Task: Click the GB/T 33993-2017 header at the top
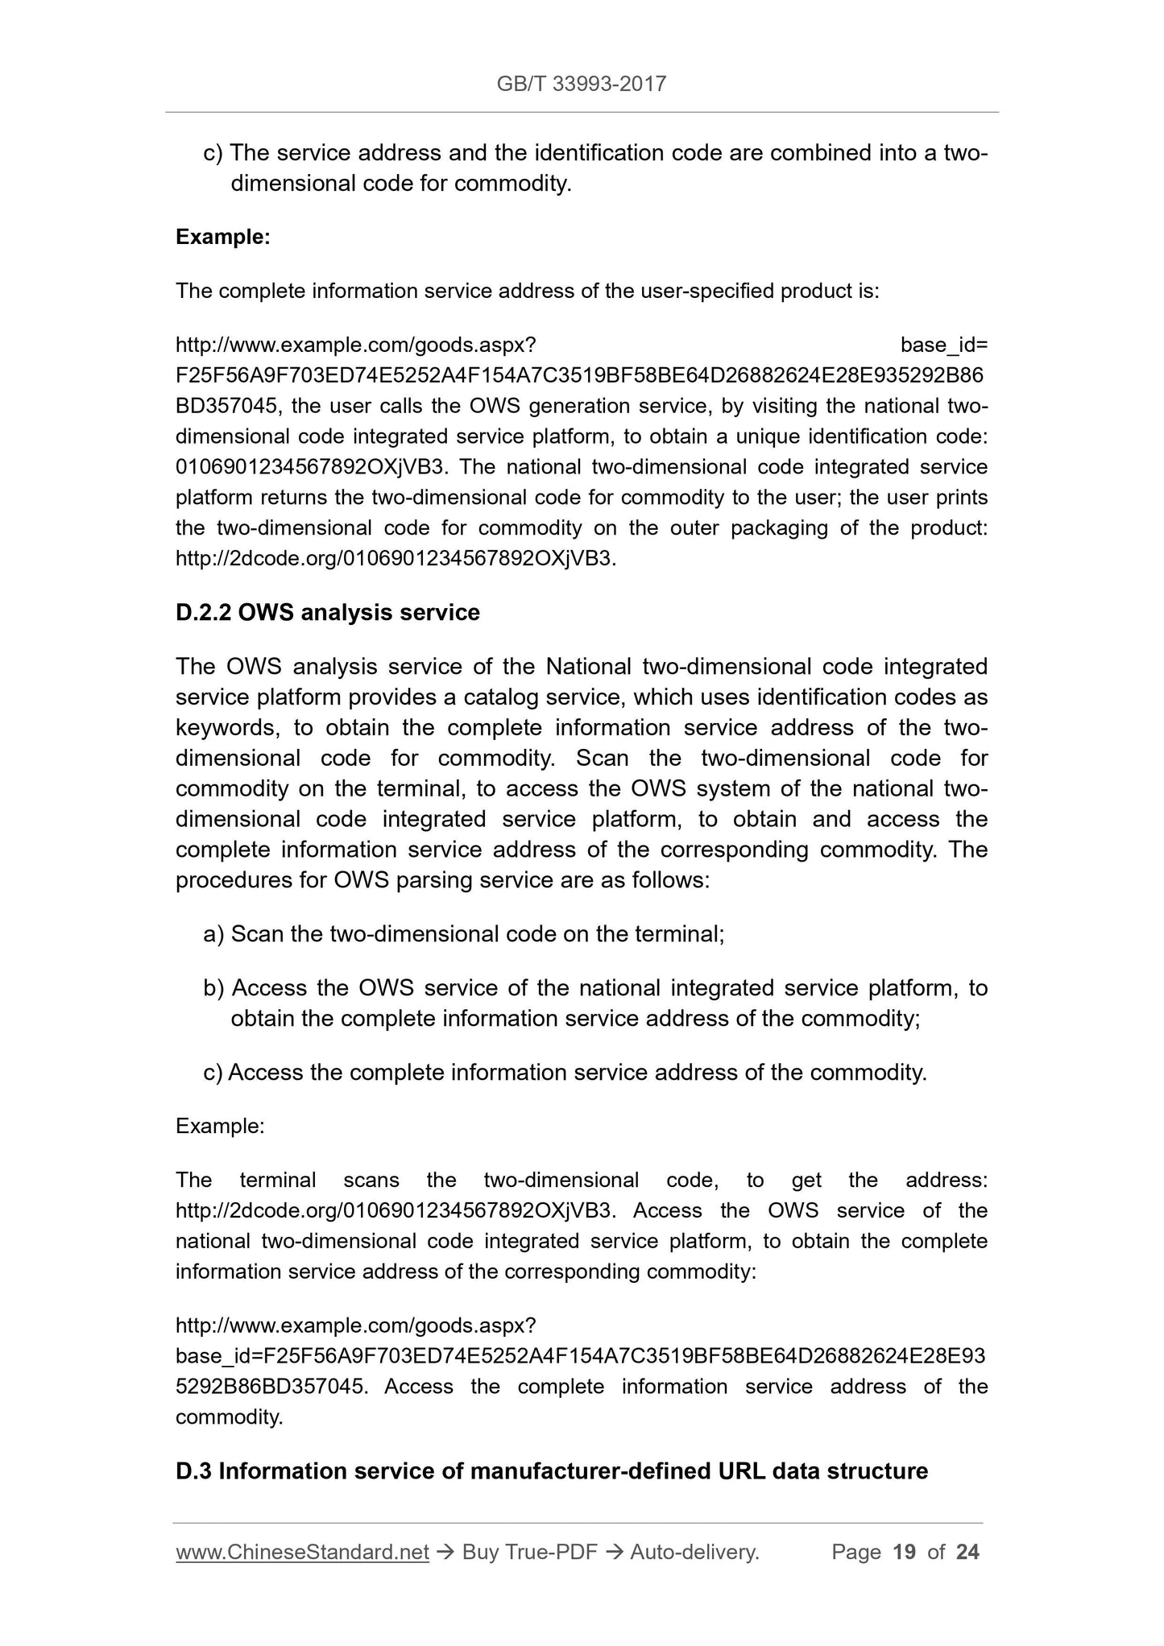coord(582,84)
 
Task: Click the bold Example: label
coord(223,237)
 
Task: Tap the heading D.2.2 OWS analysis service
coord(328,613)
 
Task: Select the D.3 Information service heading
coord(552,1471)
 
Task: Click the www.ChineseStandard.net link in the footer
coord(302,1552)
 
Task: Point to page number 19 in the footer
coord(905,1552)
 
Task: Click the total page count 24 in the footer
coord(967,1552)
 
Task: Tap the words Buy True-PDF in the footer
coord(529,1552)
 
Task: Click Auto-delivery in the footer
coord(694,1552)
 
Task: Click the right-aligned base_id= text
coord(944,345)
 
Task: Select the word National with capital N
coord(587,667)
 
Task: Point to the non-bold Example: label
coord(220,1126)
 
